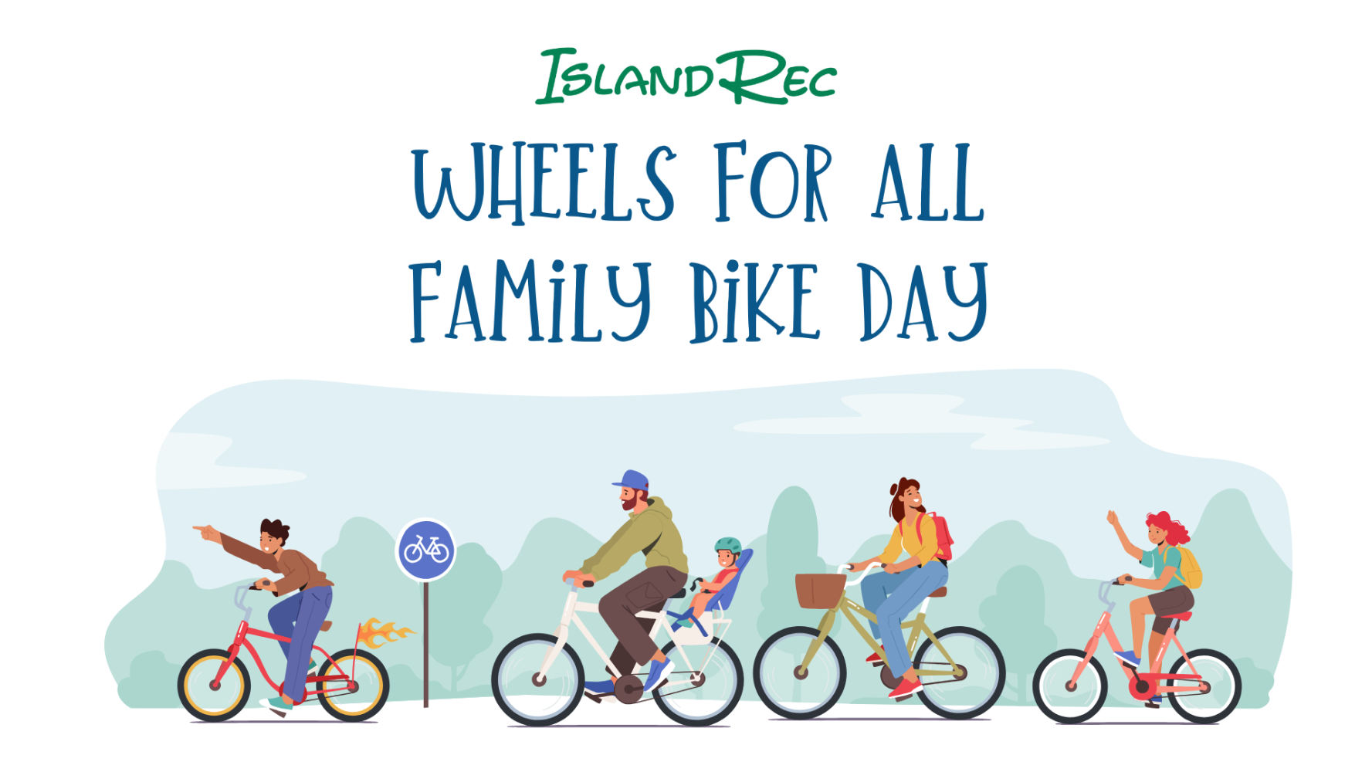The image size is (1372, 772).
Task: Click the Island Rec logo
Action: [686, 76]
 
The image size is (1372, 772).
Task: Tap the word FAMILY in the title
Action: [530, 301]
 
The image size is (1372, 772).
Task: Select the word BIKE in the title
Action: [754, 301]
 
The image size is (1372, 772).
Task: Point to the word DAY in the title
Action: [923, 301]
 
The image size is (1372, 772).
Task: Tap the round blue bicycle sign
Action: [426, 550]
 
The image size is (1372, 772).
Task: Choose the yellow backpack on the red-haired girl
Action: [1189, 568]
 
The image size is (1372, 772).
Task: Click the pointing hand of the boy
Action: [205, 532]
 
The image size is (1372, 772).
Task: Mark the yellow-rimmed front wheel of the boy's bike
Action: [215, 686]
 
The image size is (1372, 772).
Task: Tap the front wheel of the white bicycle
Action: [539, 680]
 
